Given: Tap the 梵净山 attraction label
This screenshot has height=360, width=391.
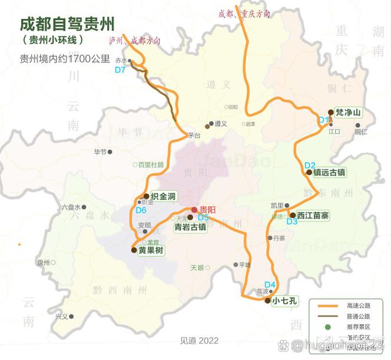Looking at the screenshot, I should [347, 112].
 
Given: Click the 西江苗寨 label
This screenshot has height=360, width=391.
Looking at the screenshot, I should [313, 216].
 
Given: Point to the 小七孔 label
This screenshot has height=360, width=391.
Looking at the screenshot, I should [285, 300].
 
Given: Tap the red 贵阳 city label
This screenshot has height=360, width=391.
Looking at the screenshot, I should [207, 210].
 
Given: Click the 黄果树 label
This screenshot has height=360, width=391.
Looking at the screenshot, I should [151, 250].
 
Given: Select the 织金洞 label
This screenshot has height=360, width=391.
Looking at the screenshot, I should [163, 196].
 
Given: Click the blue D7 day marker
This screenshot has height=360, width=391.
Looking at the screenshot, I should [120, 70].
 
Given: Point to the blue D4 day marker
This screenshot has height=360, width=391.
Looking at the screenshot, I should [270, 285].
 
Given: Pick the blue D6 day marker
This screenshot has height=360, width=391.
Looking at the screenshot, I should [141, 210].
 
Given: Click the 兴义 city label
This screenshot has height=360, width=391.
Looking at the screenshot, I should [61, 316].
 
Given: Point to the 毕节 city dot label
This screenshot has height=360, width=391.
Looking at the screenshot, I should [100, 151].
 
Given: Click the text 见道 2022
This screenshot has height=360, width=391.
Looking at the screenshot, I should [199, 341].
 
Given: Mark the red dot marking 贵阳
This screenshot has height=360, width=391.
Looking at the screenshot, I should [194, 210].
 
